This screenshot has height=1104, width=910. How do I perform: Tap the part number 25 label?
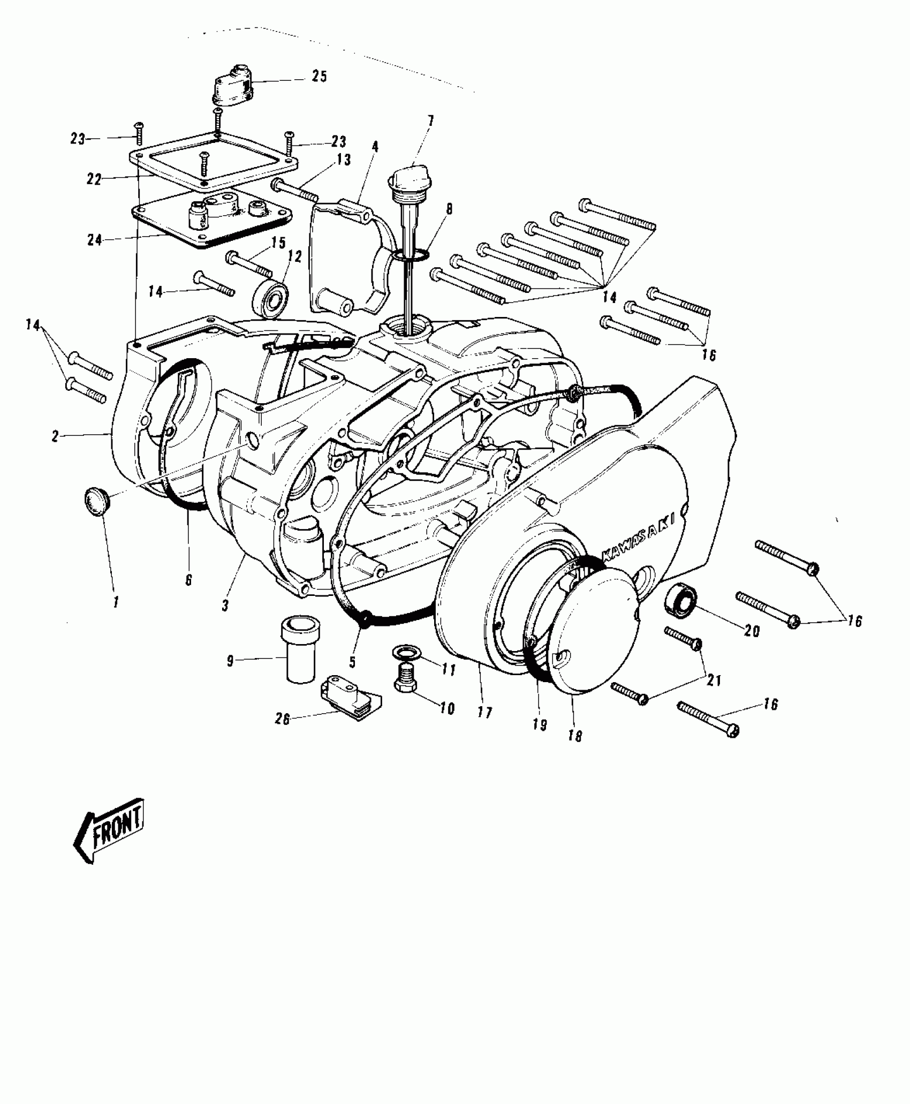point(319,77)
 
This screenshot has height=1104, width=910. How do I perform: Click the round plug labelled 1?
point(96,502)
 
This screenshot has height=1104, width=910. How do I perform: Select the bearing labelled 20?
point(680,602)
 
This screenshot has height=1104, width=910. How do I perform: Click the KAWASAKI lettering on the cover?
point(638,538)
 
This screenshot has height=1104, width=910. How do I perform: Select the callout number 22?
point(94,179)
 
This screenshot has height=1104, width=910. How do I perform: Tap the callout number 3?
point(225,606)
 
